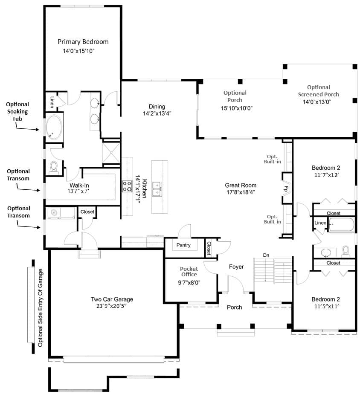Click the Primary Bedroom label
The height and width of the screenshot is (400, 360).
tap(83, 42)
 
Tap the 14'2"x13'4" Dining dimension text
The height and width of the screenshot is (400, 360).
tap(157, 113)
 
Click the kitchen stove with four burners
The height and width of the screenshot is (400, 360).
tap(127, 186)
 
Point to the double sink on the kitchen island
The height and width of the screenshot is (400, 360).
tap(157, 189)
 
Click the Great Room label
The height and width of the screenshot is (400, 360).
tap(240, 186)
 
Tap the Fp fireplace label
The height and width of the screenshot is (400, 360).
tap(286, 189)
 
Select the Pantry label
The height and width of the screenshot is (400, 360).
tap(183, 245)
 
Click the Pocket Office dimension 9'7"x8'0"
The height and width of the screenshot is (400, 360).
tap(189, 283)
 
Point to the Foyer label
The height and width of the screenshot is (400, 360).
tap(236, 267)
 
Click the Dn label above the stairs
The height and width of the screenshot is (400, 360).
tap(266, 255)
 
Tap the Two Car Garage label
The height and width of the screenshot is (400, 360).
tap(112, 299)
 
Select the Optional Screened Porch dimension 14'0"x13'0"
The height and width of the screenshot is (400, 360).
tap(316, 102)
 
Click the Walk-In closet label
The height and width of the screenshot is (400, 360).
tap(79, 186)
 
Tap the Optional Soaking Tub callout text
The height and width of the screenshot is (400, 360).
tap(17, 111)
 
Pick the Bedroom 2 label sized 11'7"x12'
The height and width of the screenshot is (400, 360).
tap(326, 168)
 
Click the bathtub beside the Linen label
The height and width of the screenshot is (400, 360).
tap(341, 225)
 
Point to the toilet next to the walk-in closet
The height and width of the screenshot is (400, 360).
tap(54, 168)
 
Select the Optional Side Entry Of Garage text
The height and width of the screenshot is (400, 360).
tap(41, 307)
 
